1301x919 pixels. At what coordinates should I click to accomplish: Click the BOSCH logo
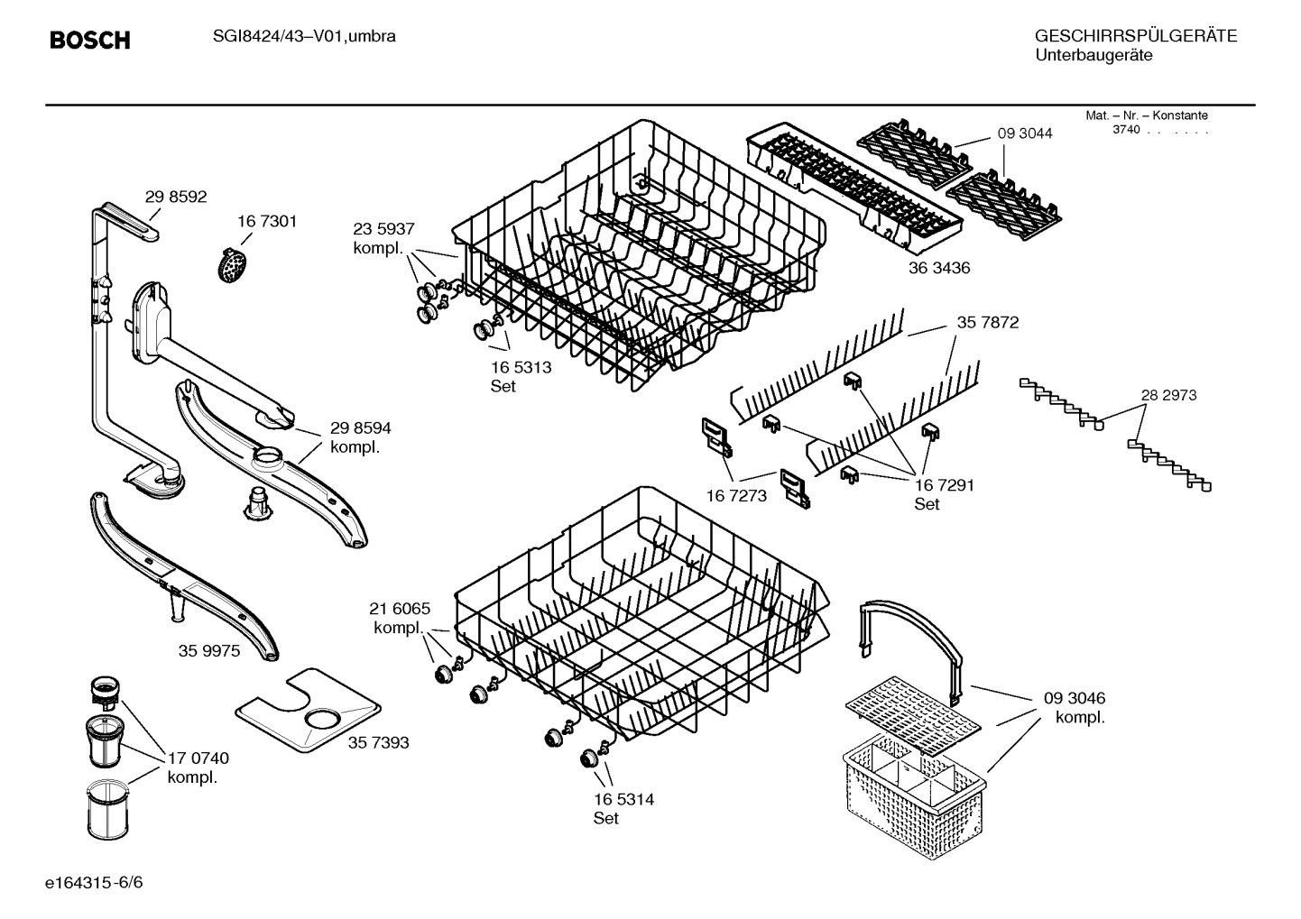coord(89,41)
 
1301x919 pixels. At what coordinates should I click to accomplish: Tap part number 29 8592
coord(176,197)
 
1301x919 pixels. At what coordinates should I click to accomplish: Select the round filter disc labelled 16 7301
coord(234,263)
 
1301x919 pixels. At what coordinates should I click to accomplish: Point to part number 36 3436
coord(939,268)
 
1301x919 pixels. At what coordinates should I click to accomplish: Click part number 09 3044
coord(1024,133)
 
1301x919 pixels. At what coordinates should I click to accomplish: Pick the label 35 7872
coord(987,322)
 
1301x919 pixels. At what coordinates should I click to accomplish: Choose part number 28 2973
coord(1168,395)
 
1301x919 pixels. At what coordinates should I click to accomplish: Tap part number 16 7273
coord(736,495)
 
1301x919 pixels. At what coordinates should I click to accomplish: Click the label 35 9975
coord(208,650)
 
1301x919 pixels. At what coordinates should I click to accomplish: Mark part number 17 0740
coord(198,758)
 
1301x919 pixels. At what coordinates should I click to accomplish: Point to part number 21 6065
coord(400,609)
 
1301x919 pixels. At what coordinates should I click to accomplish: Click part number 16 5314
coord(623,799)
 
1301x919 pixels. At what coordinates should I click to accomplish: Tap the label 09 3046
coord(1074,698)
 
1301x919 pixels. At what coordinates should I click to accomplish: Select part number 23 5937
coord(383,229)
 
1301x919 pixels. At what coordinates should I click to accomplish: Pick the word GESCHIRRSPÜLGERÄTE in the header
coord(1135,37)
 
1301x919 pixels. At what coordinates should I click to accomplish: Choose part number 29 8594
coord(360,428)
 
